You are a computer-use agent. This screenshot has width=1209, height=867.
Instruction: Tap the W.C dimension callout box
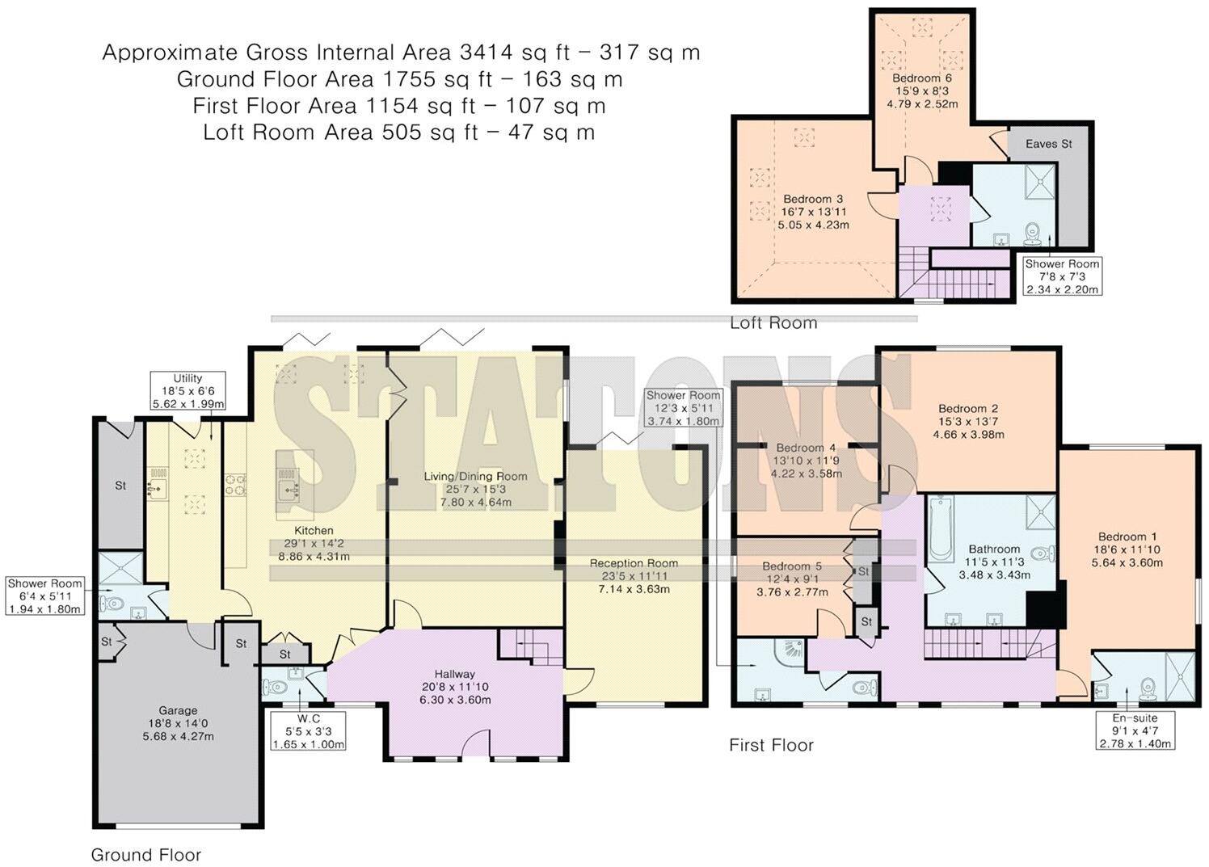coord(309,731)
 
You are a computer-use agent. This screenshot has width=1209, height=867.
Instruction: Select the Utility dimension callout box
coord(187,391)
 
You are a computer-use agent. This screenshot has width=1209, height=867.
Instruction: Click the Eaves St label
coord(1048,144)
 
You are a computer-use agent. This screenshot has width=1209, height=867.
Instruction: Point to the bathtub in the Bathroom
coord(938,531)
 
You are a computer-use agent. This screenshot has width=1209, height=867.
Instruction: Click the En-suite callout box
coord(1135,730)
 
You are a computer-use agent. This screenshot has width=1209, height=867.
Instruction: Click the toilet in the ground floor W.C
coord(275,688)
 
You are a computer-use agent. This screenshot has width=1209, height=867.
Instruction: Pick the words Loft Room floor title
coord(773,323)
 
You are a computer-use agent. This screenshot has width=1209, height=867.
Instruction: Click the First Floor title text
coord(771,745)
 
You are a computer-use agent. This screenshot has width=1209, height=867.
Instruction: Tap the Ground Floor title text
coord(145,855)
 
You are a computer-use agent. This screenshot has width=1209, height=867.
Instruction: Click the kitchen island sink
coord(288,490)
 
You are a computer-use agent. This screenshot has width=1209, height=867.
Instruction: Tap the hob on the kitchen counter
coord(236,485)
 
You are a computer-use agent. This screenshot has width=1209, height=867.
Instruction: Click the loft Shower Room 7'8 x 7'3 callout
coord(1062,276)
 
